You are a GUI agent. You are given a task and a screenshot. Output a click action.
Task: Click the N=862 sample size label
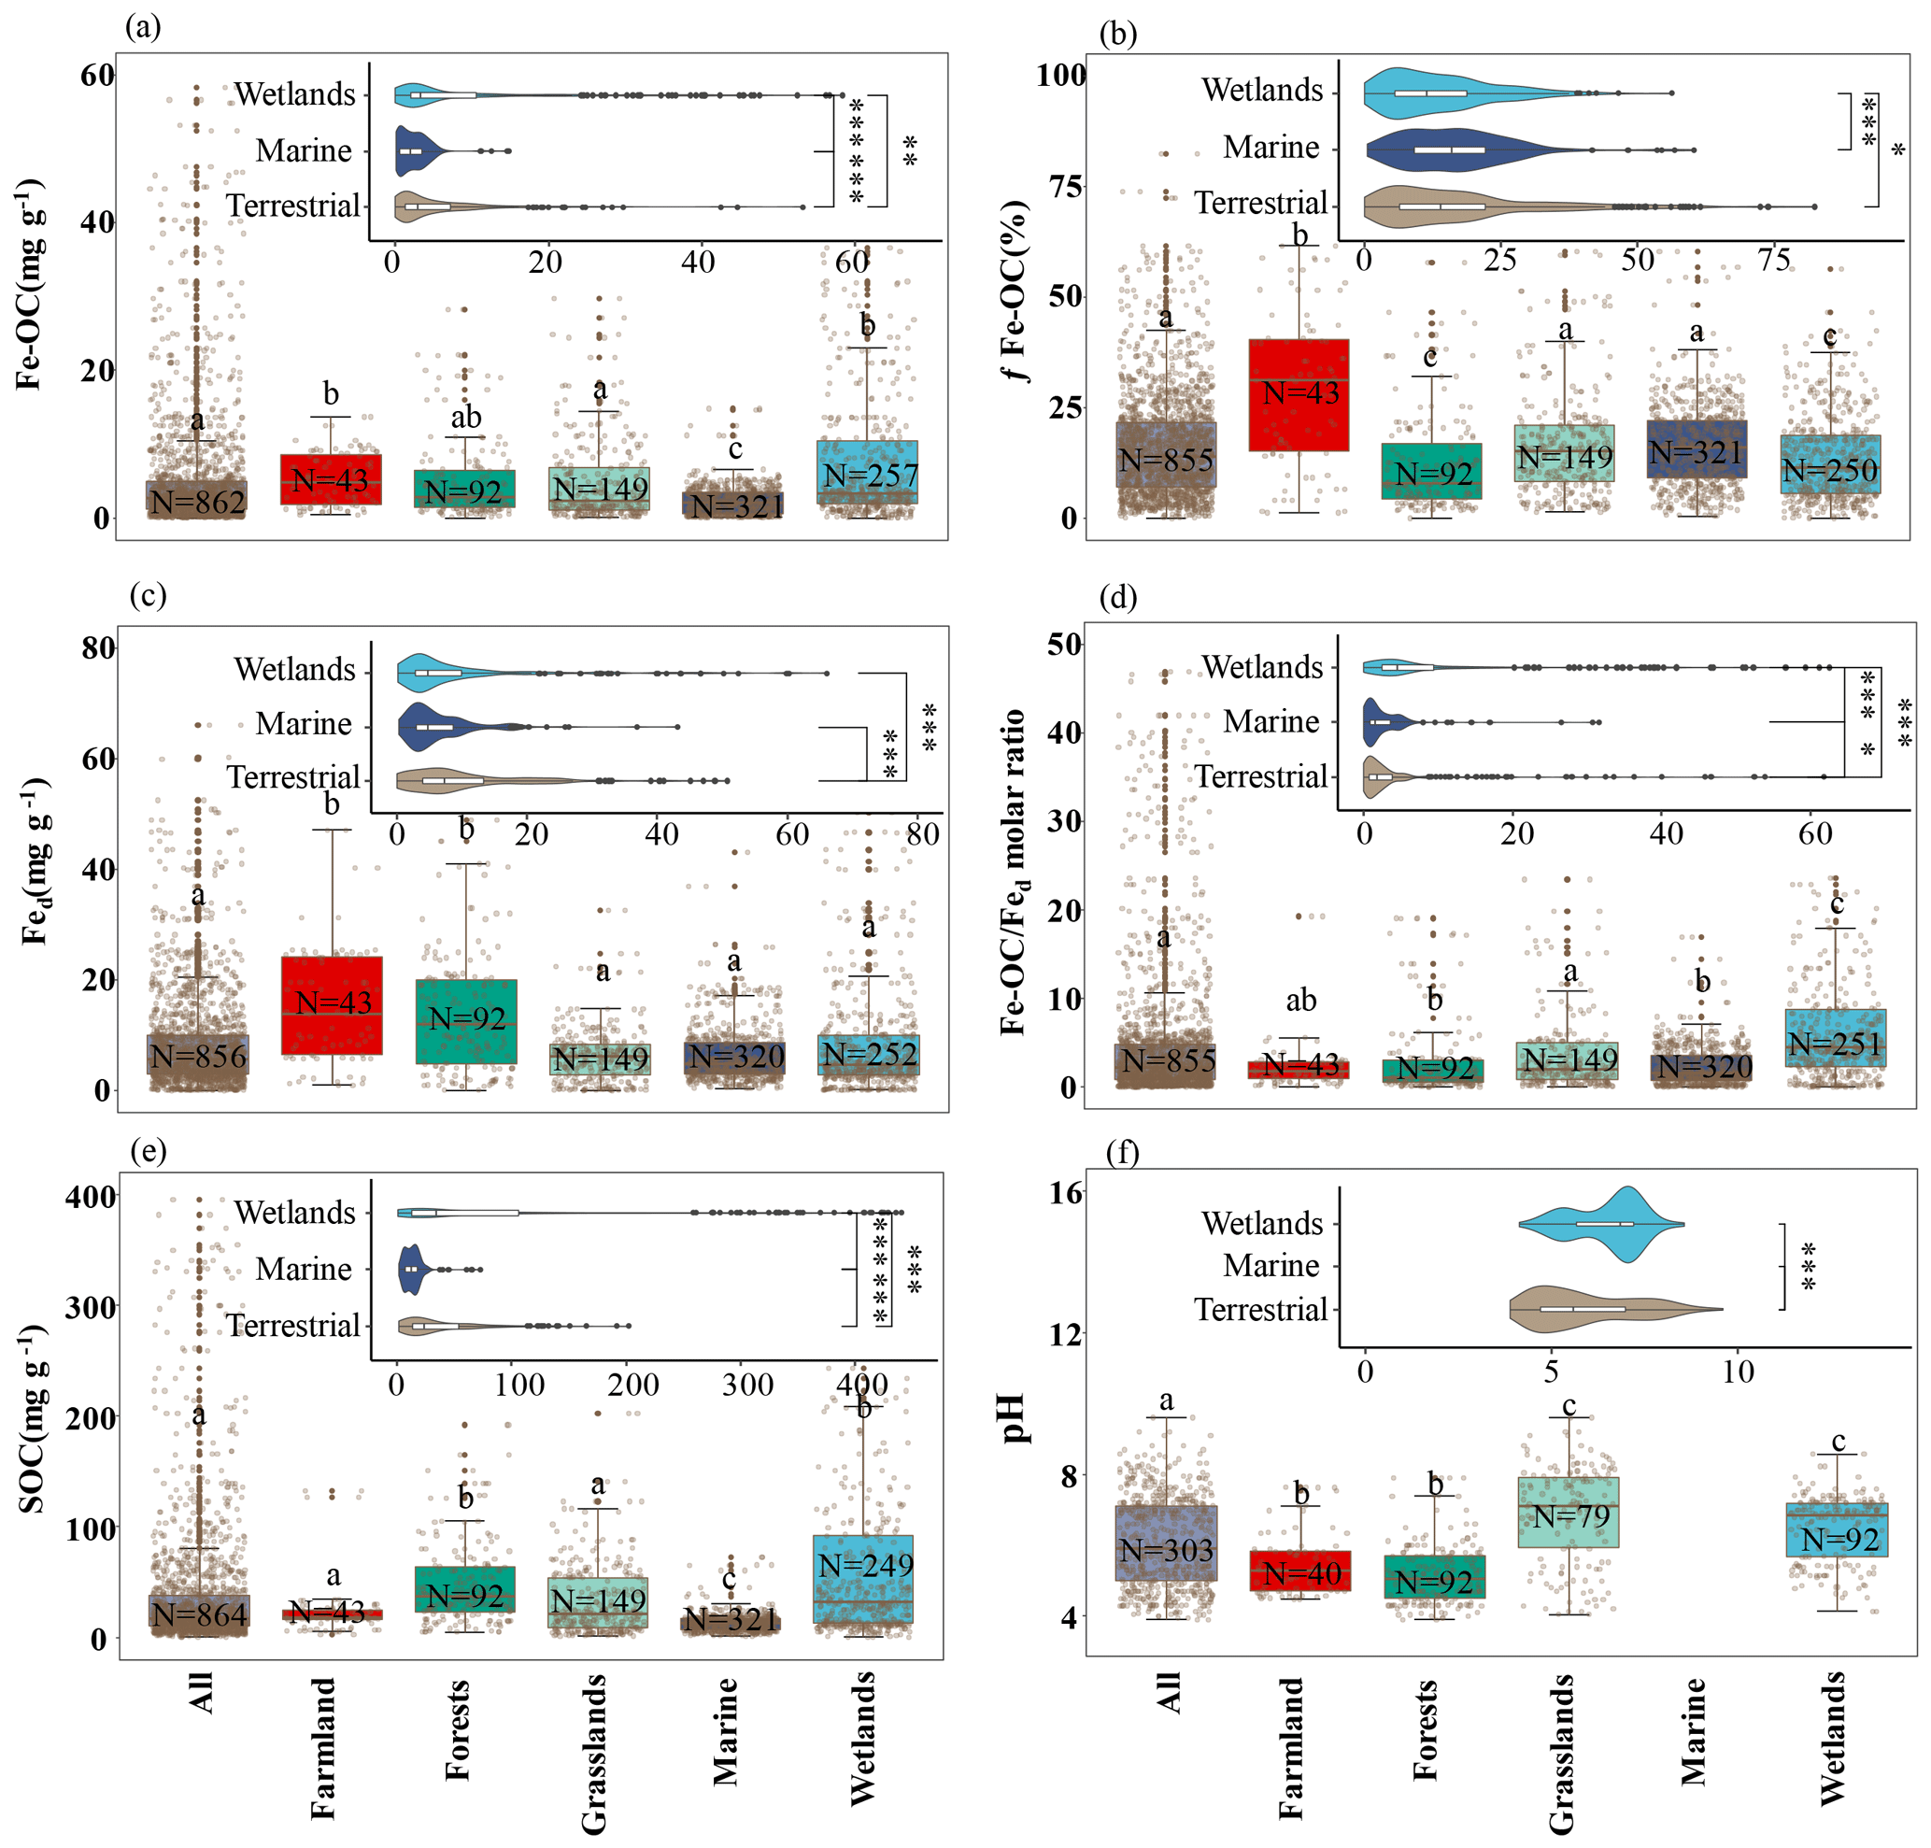(197, 503)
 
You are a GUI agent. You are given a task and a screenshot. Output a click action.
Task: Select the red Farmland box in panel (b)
(1299, 395)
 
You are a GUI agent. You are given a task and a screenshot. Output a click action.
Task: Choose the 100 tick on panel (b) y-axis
(1061, 75)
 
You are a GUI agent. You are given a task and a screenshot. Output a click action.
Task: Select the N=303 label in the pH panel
(1167, 1551)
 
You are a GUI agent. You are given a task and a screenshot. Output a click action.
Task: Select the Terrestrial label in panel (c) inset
(293, 777)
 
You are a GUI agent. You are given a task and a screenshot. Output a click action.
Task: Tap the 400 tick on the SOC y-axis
(91, 1197)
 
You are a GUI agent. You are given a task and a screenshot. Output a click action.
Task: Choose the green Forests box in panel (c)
(467, 1020)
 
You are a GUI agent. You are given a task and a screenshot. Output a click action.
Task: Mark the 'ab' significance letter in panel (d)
(1300, 1001)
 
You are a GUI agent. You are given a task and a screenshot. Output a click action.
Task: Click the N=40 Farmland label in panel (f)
(1301, 1574)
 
